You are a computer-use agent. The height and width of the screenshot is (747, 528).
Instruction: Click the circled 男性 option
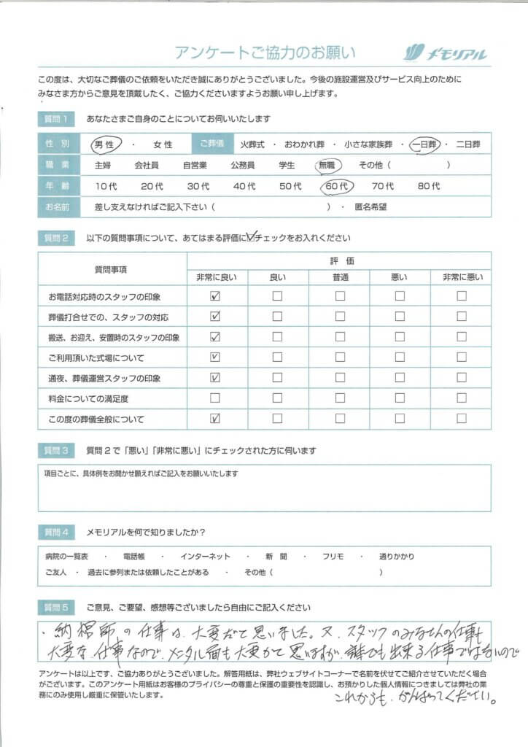106,144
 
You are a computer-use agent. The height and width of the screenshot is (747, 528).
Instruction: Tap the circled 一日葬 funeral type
424,144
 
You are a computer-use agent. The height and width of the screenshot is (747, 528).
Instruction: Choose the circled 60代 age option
336,186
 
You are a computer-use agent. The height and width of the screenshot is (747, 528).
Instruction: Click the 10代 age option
106,186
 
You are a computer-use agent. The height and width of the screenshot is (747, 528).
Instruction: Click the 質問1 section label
55,119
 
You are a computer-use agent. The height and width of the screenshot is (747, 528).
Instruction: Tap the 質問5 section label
55,607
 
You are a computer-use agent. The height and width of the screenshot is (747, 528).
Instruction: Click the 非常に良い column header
217,277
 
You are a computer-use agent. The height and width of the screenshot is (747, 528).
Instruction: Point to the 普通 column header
339,277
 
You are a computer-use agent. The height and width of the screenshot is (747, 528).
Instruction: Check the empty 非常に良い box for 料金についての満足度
215,398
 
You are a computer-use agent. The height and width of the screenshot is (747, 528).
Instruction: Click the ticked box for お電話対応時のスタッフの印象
215,296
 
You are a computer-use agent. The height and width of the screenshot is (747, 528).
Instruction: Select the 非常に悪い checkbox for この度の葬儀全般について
462,419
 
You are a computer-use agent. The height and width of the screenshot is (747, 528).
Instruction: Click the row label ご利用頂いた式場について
96,357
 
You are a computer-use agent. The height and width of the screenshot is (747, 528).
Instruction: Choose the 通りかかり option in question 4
397,557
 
